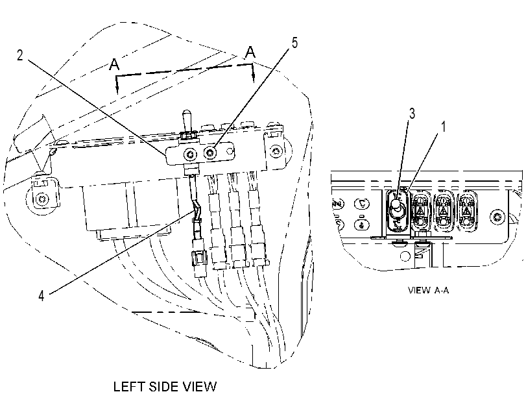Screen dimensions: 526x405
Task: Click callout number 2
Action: pyautogui.click(x=20, y=55)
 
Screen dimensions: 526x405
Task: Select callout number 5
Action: pyautogui.click(x=294, y=43)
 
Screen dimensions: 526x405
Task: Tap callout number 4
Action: pyautogui.click(x=42, y=296)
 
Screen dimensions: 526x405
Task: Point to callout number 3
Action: pyautogui.click(x=412, y=114)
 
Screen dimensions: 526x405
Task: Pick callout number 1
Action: pyautogui.click(x=444, y=127)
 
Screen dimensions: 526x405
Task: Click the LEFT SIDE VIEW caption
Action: pyautogui.click(x=165, y=387)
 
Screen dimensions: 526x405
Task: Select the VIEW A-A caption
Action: pyautogui.click(x=428, y=290)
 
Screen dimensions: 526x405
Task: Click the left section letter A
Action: pyautogui.click(x=114, y=64)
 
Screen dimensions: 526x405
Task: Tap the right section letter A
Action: pyautogui.click(x=250, y=53)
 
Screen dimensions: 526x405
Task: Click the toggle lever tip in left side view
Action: pyautogui.click(x=186, y=114)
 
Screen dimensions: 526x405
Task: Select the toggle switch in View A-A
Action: pyautogui.click(x=396, y=210)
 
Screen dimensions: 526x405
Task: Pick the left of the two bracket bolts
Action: pyautogui.click(x=190, y=154)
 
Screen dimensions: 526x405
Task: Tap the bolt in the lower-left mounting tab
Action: pyautogui.click(x=42, y=199)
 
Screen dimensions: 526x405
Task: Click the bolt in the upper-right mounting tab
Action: pyautogui.click(x=276, y=151)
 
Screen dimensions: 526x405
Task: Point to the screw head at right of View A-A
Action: pyautogui.click(x=497, y=217)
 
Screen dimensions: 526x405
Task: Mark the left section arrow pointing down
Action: pyautogui.click(x=117, y=85)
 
